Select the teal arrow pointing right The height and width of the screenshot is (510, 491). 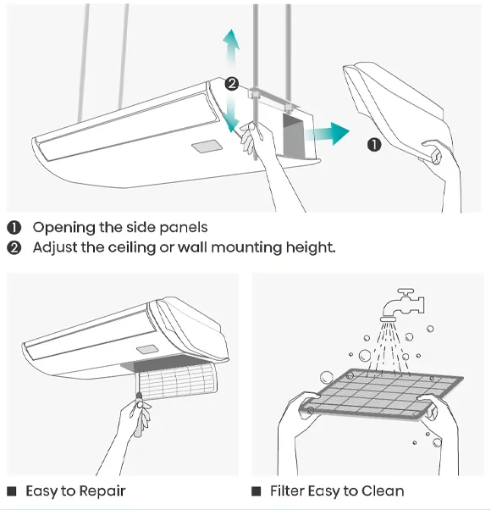coord(329,133)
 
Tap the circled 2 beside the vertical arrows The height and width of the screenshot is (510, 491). coord(231,84)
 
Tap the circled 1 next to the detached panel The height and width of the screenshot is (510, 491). coord(374,144)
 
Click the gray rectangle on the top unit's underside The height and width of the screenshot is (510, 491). coord(207,147)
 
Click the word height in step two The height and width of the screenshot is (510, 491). coord(312,247)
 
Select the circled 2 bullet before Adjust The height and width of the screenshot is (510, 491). coord(14,247)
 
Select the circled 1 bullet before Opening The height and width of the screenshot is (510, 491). coord(14,227)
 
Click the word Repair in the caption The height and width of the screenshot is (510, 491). coord(102,491)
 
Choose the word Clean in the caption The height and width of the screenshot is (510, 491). coord(382,491)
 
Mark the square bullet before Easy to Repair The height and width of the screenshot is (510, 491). coord(12,491)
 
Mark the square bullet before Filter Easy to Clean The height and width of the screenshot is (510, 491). coord(256,491)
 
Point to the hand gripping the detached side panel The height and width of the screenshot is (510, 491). coord(439,157)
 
